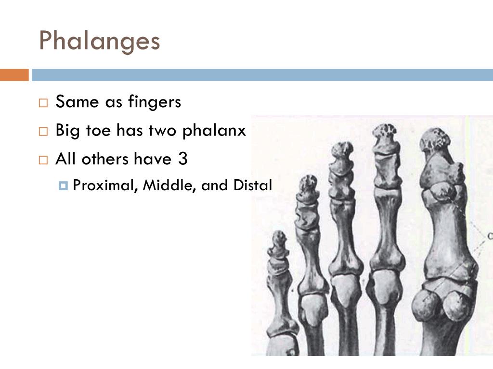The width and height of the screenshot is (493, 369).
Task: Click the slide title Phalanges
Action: tap(99, 41)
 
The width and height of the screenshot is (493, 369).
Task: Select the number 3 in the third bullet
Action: tap(182, 159)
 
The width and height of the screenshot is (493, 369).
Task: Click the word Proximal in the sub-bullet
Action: tap(104, 185)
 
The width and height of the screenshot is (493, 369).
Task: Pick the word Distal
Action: tap(253, 185)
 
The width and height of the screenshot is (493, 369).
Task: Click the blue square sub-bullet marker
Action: tap(63, 185)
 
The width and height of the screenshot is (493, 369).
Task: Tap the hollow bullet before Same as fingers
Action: tap(43, 103)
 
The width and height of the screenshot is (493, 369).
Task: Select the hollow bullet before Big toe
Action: tap(43, 131)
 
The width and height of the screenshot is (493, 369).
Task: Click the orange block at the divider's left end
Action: tap(14, 75)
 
